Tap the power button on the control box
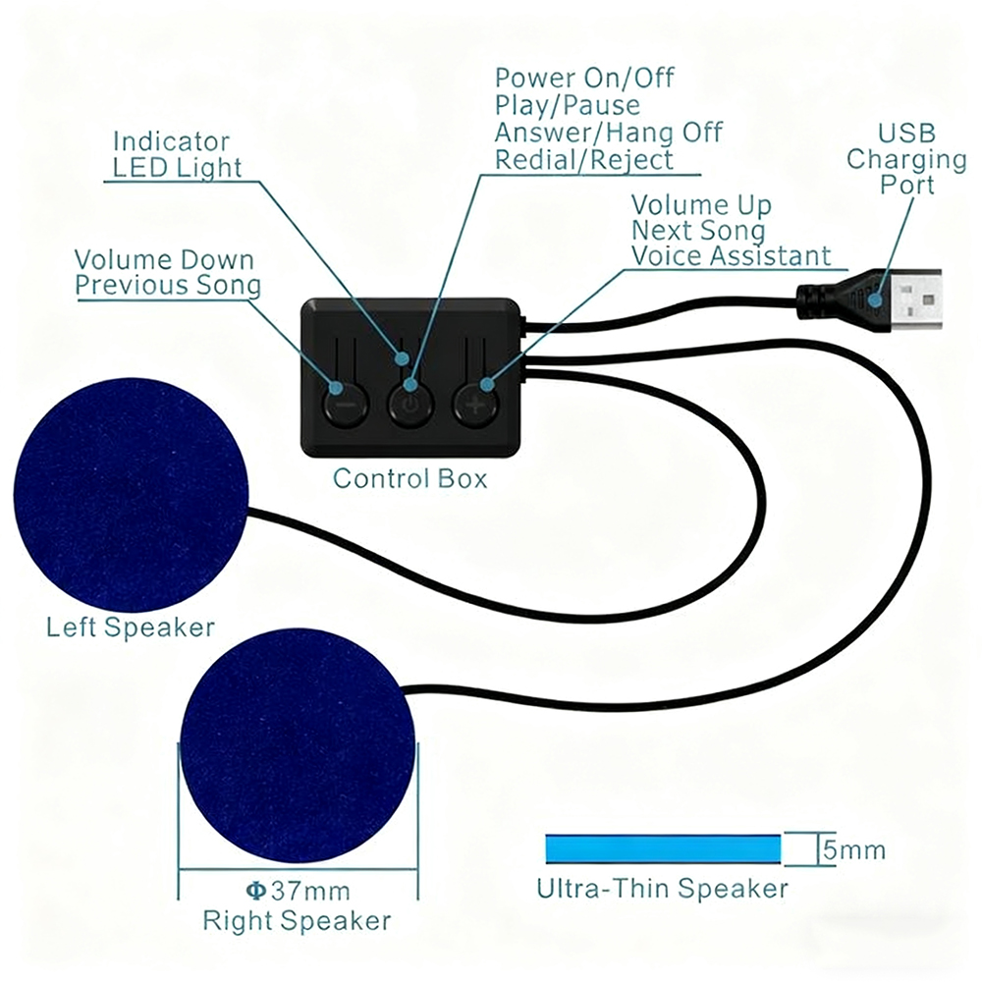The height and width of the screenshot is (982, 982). (410, 404)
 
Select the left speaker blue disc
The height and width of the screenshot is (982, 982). (130, 494)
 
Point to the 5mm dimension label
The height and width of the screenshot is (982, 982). (853, 849)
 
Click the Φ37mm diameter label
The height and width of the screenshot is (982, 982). (297, 892)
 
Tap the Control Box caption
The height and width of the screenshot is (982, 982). (409, 479)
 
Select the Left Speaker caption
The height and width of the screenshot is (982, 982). (131, 627)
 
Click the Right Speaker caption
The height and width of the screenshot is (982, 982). (297, 921)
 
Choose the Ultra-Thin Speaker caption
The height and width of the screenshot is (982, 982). (662, 889)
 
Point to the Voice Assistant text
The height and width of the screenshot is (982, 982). (731, 256)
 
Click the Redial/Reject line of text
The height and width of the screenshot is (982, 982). (584, 159)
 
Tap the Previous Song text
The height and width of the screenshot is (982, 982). (169, 286)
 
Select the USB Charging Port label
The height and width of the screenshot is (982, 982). (906, 158)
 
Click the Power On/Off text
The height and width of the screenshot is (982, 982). (584, 78)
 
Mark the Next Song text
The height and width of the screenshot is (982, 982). (698, 231)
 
